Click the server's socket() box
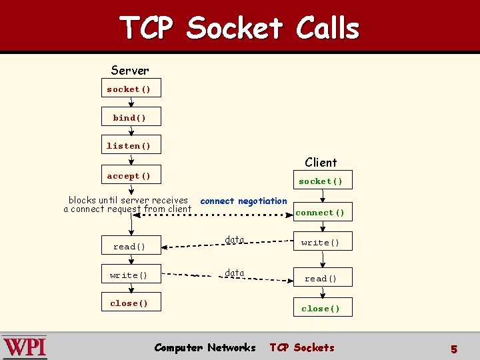(x=131, y=89)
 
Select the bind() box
(x=131, y=117)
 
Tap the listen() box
(x=131, y=145)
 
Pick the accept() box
(x=131, y=176)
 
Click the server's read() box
(x=131, y=247)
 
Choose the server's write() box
(x=131, y=275)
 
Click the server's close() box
(x=131, y=303)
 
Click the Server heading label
(x=130, y=70)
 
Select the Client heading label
(x=321, y=162)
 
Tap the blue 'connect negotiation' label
(x=243, y=201)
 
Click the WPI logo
(x=25, y=347)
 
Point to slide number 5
(x=454, y=349)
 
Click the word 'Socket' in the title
(x=235, y=28)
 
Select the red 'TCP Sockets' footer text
(x=302, y=347)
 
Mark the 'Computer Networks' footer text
(x=205, y=347)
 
